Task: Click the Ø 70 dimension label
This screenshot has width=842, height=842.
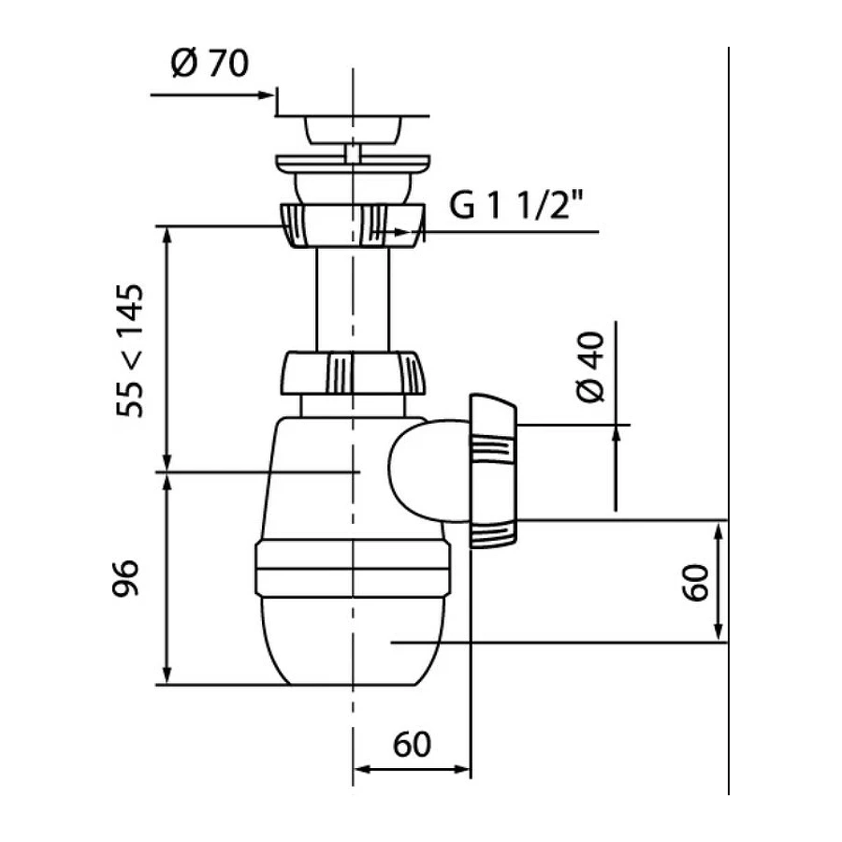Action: pos(210,63)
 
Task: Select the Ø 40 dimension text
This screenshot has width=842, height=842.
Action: pos(591,367)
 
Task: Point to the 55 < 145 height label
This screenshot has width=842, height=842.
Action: pos(130,351)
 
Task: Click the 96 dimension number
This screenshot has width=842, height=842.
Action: pos(125,578)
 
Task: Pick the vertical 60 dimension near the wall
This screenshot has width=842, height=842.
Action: pos(695,583)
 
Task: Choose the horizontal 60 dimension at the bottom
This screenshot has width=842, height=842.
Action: pos(412,745)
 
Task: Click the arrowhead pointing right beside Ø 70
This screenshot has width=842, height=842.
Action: pos(267,95)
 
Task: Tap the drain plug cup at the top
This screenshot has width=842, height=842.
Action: pos(353,130)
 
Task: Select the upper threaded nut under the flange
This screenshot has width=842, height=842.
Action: pos(353,225)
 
